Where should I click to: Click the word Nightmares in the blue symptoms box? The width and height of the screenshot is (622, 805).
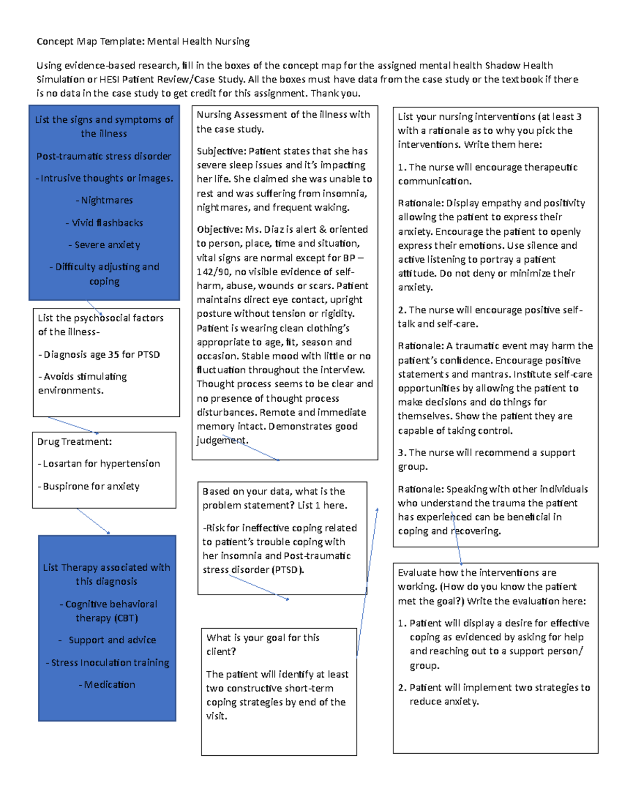107,200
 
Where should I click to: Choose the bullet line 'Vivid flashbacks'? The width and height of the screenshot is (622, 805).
107,222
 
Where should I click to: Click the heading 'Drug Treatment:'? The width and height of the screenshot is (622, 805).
74,442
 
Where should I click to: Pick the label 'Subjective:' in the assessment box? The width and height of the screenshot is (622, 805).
221,151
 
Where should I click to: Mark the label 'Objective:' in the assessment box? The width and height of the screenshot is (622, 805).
220,229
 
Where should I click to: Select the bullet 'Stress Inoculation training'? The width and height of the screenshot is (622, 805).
110,662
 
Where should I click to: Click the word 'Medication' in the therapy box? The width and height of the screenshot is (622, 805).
109,685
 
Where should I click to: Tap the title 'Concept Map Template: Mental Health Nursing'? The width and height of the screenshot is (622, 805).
143,41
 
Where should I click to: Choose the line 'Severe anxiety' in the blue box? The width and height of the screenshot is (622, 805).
107,245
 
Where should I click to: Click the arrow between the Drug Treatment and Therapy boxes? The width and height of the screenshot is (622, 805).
93,521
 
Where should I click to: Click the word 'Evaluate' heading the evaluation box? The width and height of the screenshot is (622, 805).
417,573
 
